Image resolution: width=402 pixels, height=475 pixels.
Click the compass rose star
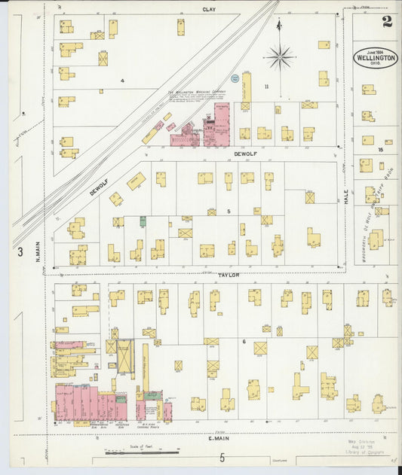click(x=279, y=56)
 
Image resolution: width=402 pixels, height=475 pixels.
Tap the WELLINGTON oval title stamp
click(x=376, y=58)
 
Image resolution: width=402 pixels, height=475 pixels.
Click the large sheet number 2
click(x=387, y=21)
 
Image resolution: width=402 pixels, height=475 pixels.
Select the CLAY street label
click(x=209, y=9)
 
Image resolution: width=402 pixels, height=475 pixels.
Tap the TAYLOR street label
click(x=228, y=275)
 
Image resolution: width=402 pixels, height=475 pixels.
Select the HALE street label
click(x=346, y=197)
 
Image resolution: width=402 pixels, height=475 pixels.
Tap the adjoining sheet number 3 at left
click(x=21, y=251)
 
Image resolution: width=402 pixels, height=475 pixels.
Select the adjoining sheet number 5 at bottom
click(x=222, y=458)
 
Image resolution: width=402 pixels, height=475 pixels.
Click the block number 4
click(x=121, y=80)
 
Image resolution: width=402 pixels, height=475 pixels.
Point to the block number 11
click(x=265, y=87)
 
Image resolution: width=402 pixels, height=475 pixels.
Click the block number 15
click(x=381, y=150)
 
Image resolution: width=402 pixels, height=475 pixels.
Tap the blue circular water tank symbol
click(x=235, y=78)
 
